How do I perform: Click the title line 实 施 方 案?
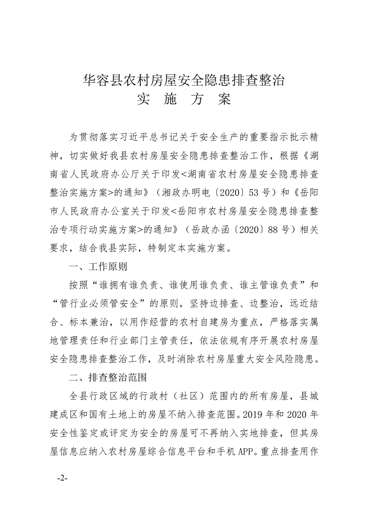[x=183, y=99]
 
